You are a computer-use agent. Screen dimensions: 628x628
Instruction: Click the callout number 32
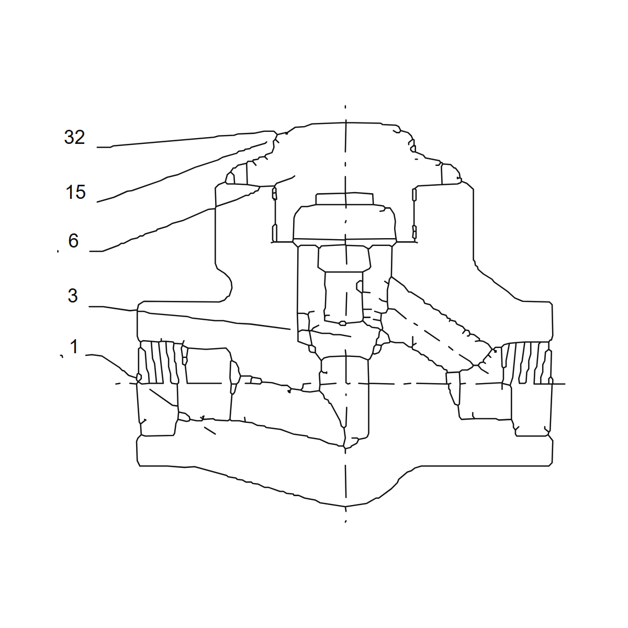pos(75,137)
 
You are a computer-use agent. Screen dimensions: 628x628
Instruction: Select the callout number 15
pos(75,192)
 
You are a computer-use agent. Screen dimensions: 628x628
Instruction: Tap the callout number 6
pos(73,241)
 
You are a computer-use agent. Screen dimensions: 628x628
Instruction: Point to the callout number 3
pos(73,296)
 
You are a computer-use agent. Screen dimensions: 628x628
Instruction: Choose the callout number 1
pos(74,346)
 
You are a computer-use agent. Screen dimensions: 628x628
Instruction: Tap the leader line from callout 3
pos(189,317)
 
